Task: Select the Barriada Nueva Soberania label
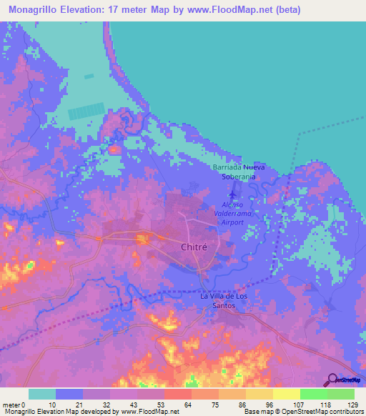pyautogui.click(x=239, y=172)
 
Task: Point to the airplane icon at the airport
pyautogui.click(x=233, y=193)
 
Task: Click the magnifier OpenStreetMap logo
pyautogui.click(x=332, y=380)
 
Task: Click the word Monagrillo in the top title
pyautogui.click(x=35, y=10)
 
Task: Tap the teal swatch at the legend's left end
pyautogui.click(x=42, y=394)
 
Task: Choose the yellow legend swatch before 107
pyautogui.click(x=286, y=394)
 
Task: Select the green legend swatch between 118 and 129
pyautogui.click(x=340, y=394)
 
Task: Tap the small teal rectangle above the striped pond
pyautogui.click(x=89, y=76)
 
